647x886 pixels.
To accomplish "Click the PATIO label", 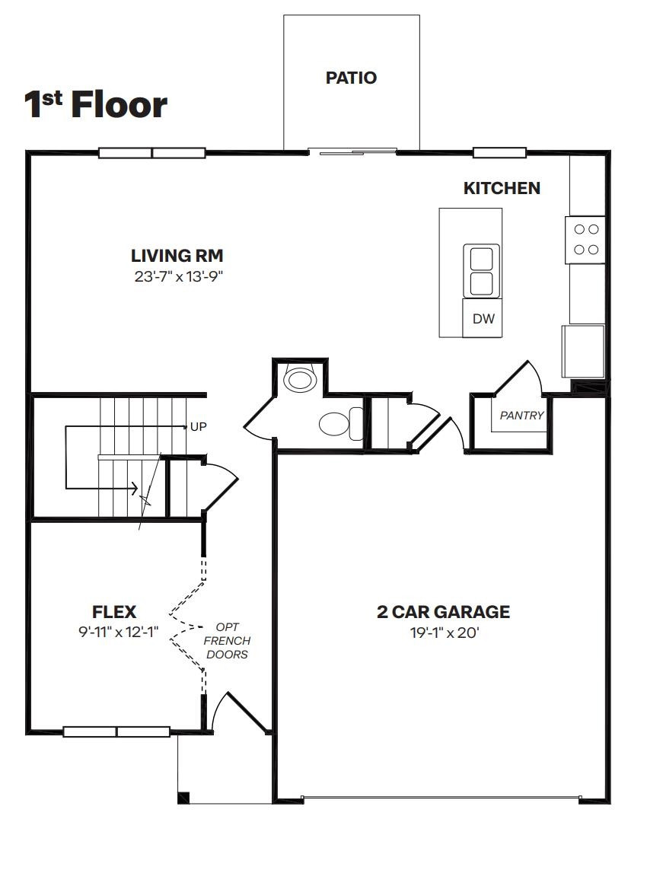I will (351, 78).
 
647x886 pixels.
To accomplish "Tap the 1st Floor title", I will (96, 104).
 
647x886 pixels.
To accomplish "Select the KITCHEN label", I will (502, 188).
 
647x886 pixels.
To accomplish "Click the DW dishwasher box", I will (483, 319).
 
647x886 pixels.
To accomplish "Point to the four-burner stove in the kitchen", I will (585, 239).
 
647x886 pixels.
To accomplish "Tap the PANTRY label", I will (521, 416).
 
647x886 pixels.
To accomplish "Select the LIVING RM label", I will (177, 256).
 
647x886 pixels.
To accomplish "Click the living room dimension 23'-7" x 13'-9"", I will (178, 277).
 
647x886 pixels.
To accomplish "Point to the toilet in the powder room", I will (343, 422).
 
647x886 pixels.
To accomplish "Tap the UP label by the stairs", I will (198, 427).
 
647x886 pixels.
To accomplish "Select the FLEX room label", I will (114, 611).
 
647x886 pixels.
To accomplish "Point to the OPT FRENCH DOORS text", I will (227, 641).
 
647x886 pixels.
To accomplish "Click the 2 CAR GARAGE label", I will (443, 611).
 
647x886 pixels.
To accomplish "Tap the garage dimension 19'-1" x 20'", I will (444, 632).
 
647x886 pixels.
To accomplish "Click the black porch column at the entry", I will (183, 798).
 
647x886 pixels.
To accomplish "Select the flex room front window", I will (116, 731).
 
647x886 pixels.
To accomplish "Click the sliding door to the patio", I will (353, 152).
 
